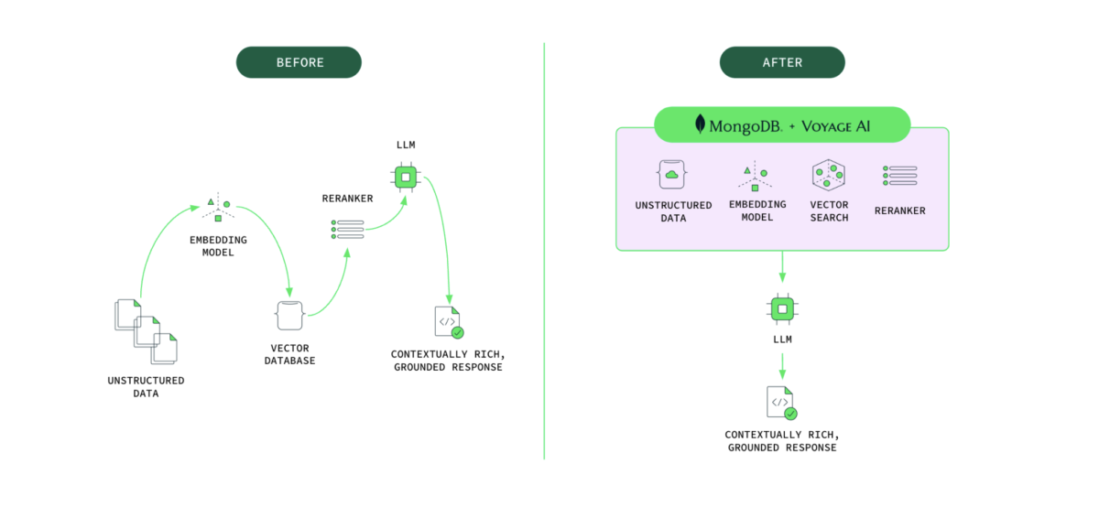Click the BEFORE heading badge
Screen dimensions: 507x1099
pos(299,62)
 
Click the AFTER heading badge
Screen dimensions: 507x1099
pos(781,62)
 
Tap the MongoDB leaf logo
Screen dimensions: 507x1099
pos(701,124)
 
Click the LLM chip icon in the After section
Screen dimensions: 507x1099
pos(781,309)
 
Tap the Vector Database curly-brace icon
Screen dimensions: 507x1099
pos(289,316)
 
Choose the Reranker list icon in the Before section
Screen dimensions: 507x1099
pos(347,229)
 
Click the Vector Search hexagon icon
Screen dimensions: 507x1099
pos(828,174)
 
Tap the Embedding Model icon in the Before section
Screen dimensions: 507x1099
pos(217,208)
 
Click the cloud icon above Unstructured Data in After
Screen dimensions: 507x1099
pos(672,174)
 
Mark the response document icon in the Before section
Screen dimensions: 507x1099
pos(447,322)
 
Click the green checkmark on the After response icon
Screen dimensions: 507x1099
pos(790,413)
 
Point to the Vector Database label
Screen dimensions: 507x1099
pos(291,354)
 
